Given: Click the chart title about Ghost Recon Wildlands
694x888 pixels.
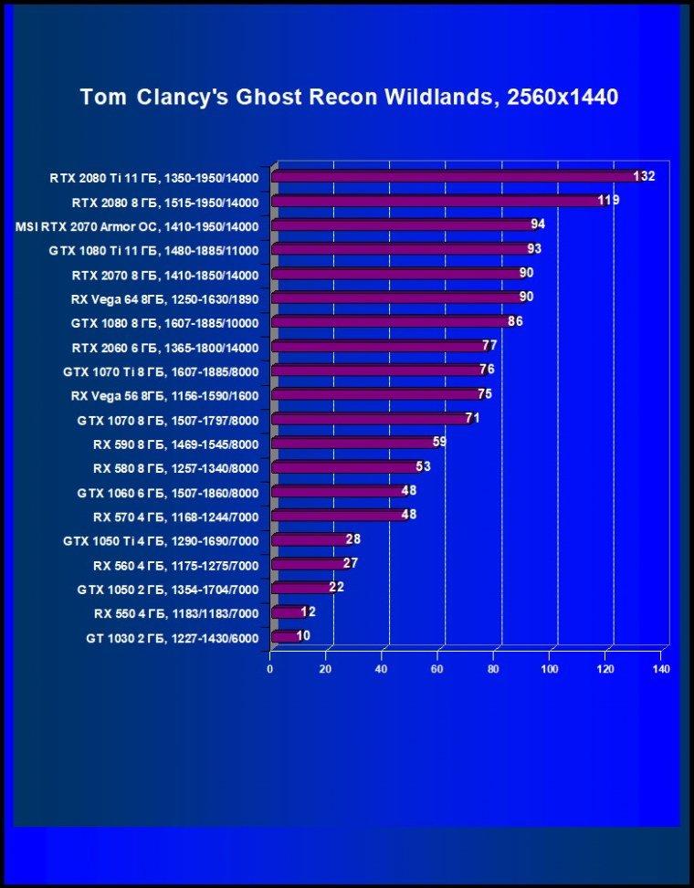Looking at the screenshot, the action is [349, 98].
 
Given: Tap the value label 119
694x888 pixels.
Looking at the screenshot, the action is [608, 201].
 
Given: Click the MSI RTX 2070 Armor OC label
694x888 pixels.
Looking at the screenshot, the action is [137, 227].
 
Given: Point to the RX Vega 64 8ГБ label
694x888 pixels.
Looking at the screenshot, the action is [165, 299].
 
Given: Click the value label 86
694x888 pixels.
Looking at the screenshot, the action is [515, 321].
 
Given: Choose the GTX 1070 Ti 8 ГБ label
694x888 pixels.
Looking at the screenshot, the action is [161, 372].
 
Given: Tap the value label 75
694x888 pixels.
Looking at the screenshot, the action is [485, 394].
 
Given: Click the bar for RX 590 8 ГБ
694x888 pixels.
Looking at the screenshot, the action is [355, 443].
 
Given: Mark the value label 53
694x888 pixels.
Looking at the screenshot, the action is [423, 466].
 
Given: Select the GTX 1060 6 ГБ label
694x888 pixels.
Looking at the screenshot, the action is [168, 493].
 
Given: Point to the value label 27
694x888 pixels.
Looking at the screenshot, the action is [351, 563].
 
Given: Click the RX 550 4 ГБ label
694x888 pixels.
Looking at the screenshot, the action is [175, 614].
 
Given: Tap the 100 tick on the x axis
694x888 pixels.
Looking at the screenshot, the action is [550, 669].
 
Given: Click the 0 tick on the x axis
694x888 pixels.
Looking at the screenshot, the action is [270, 669].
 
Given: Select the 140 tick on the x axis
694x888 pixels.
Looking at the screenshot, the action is [661, 669].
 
